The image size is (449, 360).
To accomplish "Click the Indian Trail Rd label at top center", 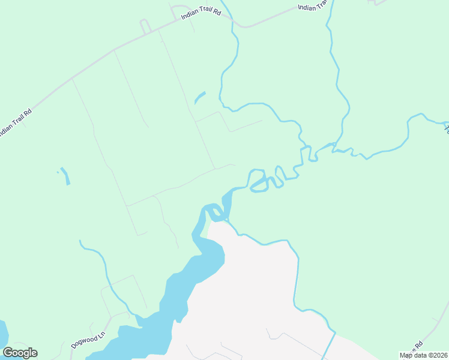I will tap(202, 13).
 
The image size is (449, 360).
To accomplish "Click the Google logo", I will tap(20, 353).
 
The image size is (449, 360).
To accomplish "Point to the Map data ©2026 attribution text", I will tap(423, 355).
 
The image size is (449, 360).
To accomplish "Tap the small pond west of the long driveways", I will tap(65, 176).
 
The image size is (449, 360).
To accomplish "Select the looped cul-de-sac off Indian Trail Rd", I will tap(145, 26).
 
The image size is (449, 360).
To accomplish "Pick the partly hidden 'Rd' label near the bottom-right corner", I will tap(418, 344).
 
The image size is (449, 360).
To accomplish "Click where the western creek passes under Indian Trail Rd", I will tap(232, 19).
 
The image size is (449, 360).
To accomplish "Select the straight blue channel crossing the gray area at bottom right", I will tap(329, 346).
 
